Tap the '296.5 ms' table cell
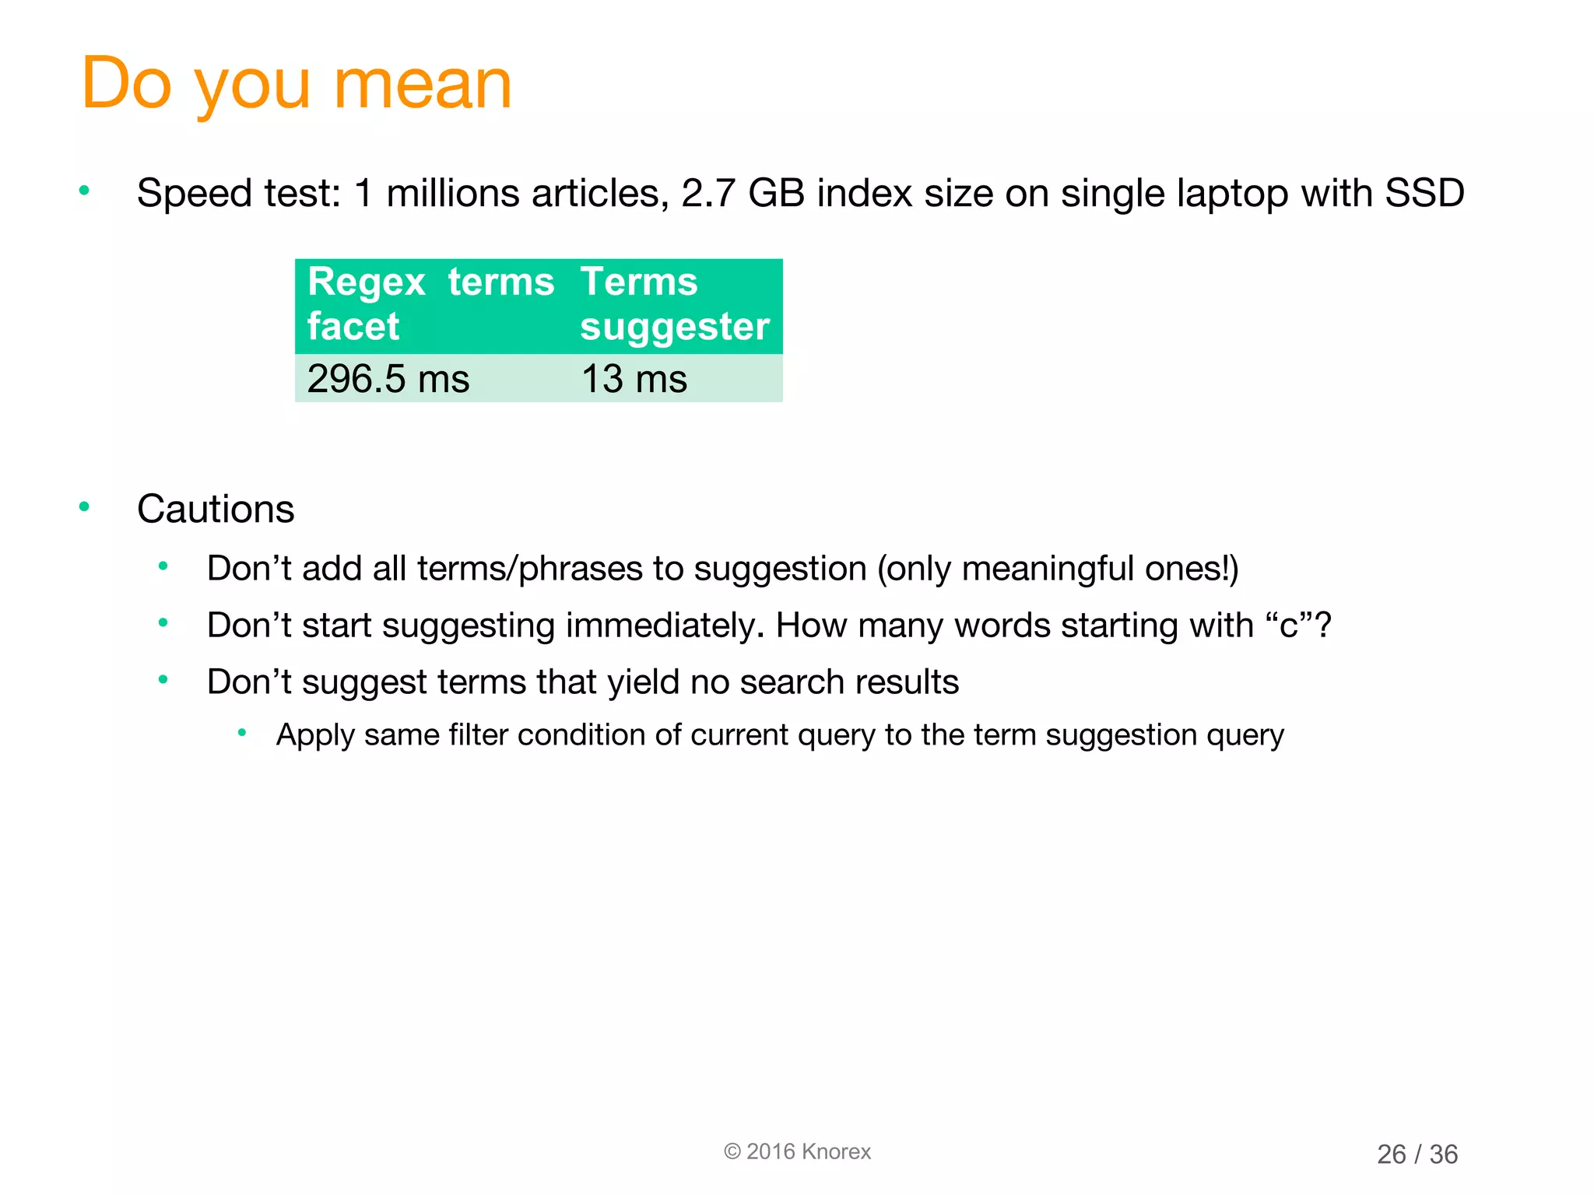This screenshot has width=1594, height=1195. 388,380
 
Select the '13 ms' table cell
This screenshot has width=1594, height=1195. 634,380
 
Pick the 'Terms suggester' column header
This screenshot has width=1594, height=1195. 674,303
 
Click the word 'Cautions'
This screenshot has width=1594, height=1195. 216,510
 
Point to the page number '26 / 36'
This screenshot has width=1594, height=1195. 1417,1154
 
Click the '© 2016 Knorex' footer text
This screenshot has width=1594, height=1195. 797,1151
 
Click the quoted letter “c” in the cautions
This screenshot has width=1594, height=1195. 1288,626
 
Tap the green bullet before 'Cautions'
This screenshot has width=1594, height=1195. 85,507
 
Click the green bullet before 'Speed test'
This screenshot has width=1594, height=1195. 85,191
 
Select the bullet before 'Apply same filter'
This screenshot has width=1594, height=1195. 242,732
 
